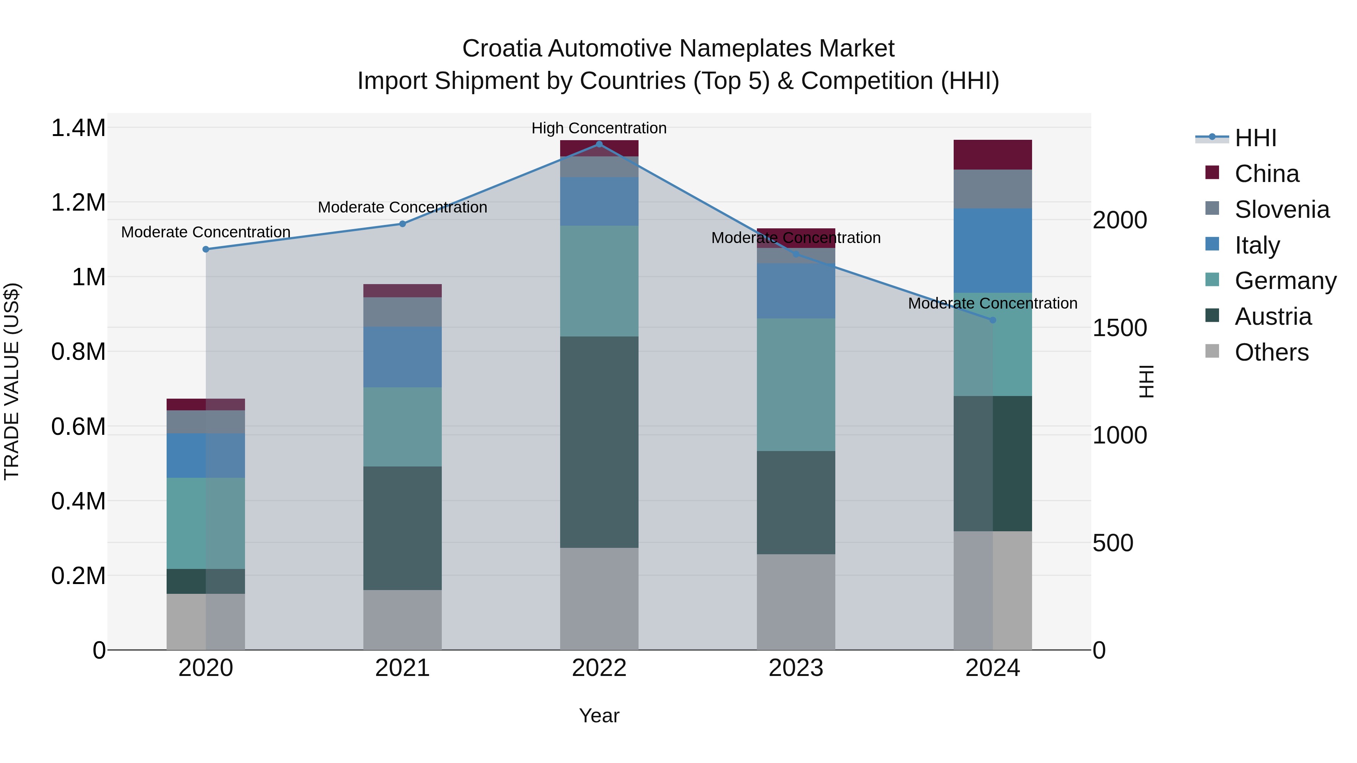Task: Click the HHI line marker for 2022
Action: [599, 144]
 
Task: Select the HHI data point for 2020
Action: [206, 249]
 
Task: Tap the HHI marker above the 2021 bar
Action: [403, 224]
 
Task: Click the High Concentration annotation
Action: [599, 128]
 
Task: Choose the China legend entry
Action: [1267, 174]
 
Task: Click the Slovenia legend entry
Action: [1282, 209]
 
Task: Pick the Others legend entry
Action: [1271, 352]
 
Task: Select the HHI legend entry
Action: [1255, 138]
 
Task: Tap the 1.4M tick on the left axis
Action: [78, 128]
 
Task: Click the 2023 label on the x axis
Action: [795, 668]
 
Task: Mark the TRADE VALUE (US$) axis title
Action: [12, 381]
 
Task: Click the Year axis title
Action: [599, 716]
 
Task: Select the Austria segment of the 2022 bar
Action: [599, 442]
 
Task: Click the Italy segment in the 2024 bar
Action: [992, 251]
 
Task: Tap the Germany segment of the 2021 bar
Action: [403, 427]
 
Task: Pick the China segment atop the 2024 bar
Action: [992, 155]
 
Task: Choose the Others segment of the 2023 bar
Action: [795, 602]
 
